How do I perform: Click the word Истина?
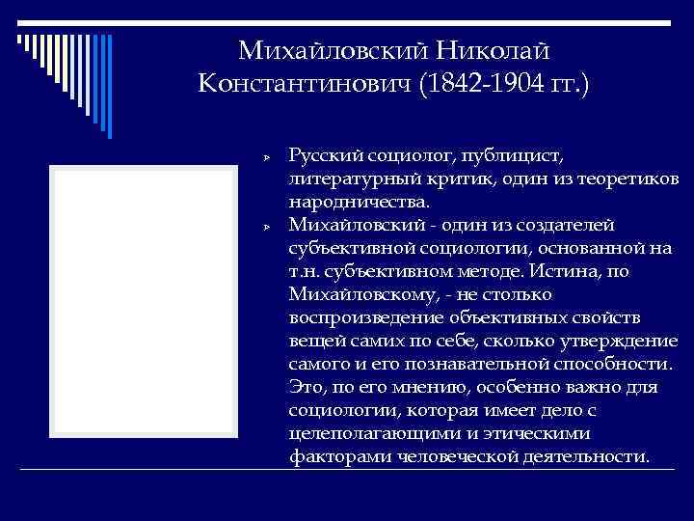tap(571, 272)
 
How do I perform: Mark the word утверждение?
tap(623, 342)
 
